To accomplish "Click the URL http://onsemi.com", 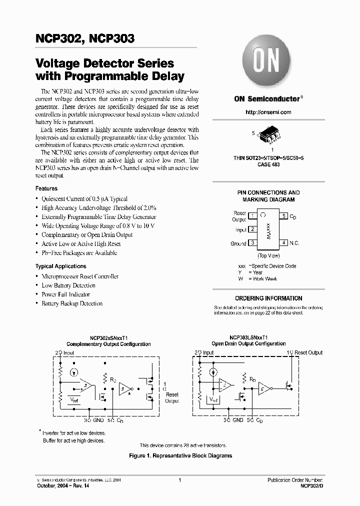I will (268, 112).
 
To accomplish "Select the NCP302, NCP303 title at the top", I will (85, 38).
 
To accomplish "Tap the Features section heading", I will (46, 188).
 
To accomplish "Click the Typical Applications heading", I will (60, 266).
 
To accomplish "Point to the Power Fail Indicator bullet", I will (65, 294).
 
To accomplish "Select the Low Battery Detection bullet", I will (68, 285).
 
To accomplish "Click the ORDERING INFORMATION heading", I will (268, 298).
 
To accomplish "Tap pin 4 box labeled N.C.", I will (284, 243).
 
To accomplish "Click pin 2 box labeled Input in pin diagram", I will (252, 229).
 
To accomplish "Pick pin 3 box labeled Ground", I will (252, 243).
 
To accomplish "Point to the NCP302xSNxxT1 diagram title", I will (108, 337).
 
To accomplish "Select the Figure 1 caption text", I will (180, 455).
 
